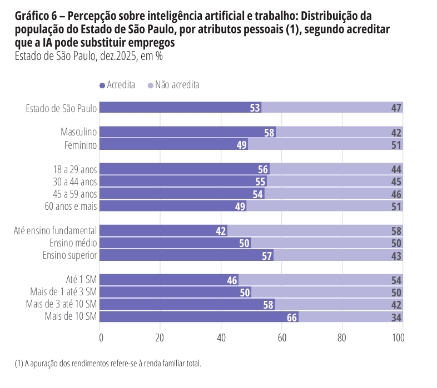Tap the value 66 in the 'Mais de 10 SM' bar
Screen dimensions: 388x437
(x=292, y=317)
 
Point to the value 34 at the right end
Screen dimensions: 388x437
(x=396, y=317)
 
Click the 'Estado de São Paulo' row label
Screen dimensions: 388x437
(x=61, y=108)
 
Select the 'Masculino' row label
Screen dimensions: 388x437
(x=79, y=132)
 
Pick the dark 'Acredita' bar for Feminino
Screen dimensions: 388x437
(x=173, y=144)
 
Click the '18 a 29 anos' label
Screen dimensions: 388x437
(x=75, y=169)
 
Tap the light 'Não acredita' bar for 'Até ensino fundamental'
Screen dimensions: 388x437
(x=315, y=230)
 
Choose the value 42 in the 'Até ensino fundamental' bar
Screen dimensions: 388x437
(x=221, y=231)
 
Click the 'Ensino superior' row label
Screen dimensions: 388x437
(x=70, y=255)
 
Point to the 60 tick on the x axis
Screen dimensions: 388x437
(x=281, y=337)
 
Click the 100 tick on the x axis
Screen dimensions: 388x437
(x=398, y=337)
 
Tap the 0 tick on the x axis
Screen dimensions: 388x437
(x=101, y=337)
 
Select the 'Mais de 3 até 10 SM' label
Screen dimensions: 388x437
(x=62, y=304)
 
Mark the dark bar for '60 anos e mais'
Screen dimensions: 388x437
(x=173, y=206)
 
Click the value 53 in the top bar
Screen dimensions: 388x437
(x=255, y=108)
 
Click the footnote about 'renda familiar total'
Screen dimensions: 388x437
(x=107, y=364)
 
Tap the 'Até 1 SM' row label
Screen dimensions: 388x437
(x=81, y=280)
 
